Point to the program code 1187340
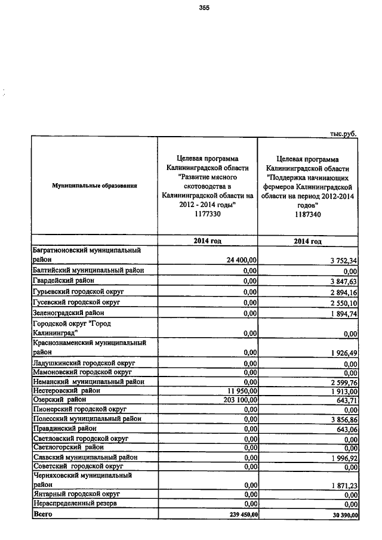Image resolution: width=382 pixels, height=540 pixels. (x=307, y=215)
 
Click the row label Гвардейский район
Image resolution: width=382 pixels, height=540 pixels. (x=63, y=280)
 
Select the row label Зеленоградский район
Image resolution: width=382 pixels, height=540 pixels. (x=68, y=312)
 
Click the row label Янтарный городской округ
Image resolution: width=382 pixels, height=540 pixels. (x=76, y=494)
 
